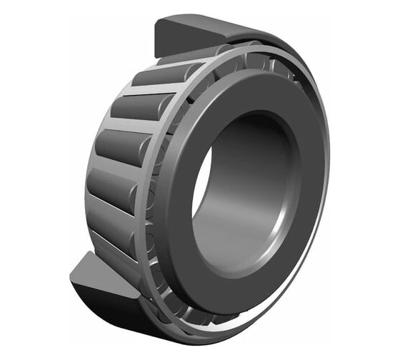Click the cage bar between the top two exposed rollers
tap(146, 91)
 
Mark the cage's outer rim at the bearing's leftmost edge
tap(89, 179)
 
